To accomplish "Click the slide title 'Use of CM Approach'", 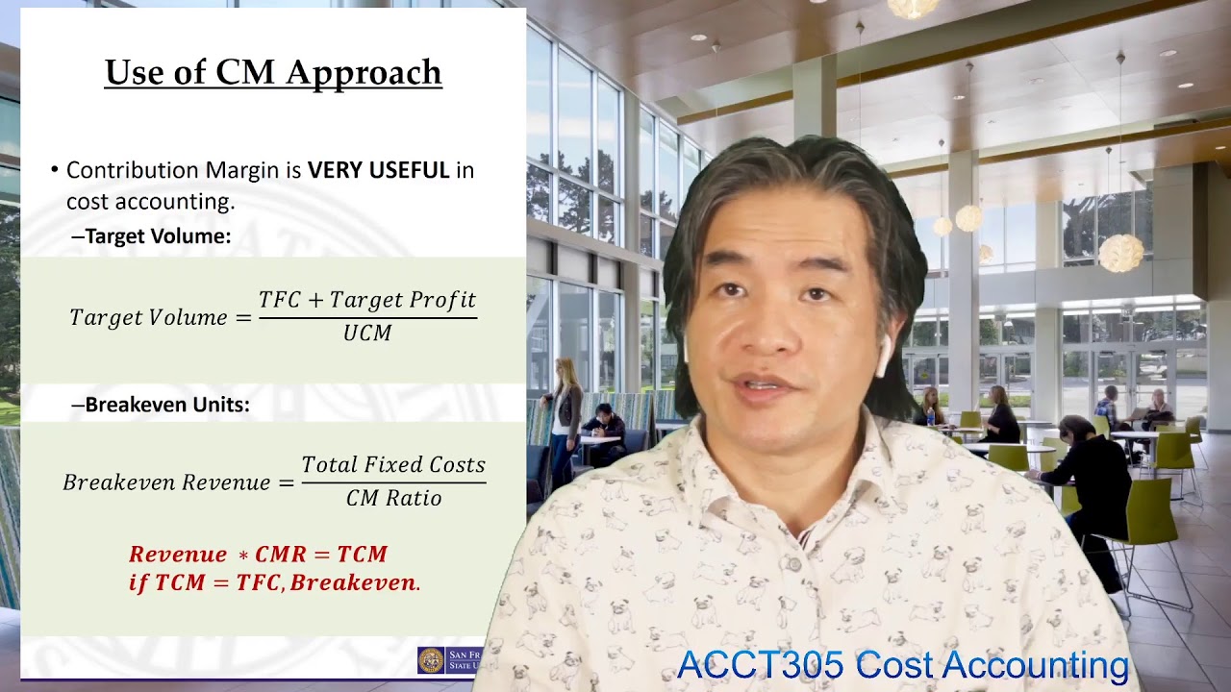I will [x=273, y=73].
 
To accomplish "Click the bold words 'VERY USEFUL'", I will [x=378, y=171].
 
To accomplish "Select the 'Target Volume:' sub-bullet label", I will [x=158, y=236].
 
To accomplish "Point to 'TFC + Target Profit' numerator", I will [x=367, y=301].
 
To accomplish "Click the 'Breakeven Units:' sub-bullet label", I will [x=166, y=406].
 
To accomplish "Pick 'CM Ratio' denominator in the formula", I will [x=394, y=498].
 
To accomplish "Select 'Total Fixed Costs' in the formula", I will [x=393, y=465].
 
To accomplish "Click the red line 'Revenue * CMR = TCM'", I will [x=258, y=555].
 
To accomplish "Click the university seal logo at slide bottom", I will [x=430, y=660].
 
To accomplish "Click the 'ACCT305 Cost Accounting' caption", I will [x=902, y=665].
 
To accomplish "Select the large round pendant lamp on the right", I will [x=1120, y=253].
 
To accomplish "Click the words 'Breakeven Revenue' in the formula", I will [x=166, y=482].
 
